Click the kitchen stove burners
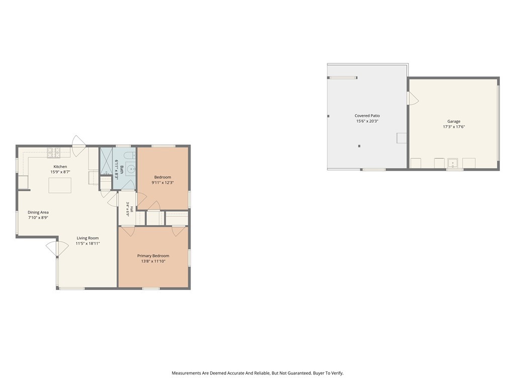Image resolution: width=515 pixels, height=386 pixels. coord(54,152)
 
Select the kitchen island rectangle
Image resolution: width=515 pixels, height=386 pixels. coord(60,185)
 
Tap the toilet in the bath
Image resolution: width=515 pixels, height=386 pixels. coord(131,155)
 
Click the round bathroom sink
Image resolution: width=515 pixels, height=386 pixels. coord(131,169)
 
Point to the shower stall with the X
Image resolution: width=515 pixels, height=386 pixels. coord(106,161)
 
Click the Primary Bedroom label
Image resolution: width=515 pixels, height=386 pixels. coord(153,256)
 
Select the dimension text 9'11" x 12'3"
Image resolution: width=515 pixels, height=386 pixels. coord(162,182)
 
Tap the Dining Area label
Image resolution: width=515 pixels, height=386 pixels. coord(38,212)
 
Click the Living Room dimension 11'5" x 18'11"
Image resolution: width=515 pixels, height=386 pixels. coord(88,244)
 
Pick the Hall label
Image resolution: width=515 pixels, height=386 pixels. coord(132,209)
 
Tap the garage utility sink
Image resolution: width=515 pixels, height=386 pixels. coord(453,163)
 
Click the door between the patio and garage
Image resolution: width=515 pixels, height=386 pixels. coord(412,98)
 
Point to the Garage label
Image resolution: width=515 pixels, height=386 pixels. coord(454,121)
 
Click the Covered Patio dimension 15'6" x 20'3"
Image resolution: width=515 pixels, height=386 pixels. coord(367,121)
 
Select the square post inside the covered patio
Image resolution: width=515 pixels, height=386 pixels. coord(359,146)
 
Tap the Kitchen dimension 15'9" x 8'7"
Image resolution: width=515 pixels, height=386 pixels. coord(60,172)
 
